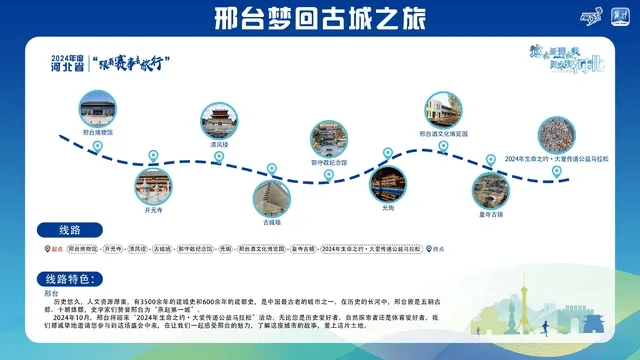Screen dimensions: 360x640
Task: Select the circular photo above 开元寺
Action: [x=153, y=187]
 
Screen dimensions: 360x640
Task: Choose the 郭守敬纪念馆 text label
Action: [x=328, y=161]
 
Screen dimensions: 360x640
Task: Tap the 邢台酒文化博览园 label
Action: [x=443, y=132]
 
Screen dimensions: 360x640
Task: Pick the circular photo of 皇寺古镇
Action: [x=489, y=189]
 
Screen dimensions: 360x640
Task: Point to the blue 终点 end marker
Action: [x=426, y=249]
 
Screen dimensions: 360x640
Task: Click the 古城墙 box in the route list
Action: [x=163, y=249]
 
